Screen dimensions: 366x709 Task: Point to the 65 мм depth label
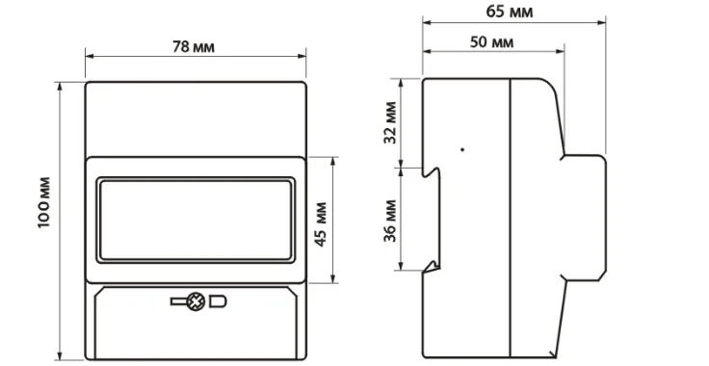[x=511, y=13]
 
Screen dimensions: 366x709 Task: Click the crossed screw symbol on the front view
[x=196, y=302]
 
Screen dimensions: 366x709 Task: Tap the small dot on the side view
[x=463, y=149]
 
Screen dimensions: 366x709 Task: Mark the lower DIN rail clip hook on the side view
[x=434, y=266]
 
